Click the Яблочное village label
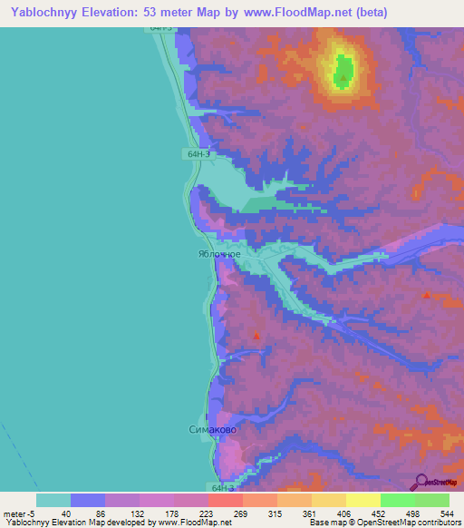[219, 255]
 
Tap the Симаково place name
[215, 429]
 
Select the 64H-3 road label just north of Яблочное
[200, 154]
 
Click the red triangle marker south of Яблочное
[256, 337]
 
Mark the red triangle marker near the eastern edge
[427, 295]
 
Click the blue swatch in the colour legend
[88, 500]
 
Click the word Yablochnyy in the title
[41, 13]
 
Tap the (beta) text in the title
[368, 13]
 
